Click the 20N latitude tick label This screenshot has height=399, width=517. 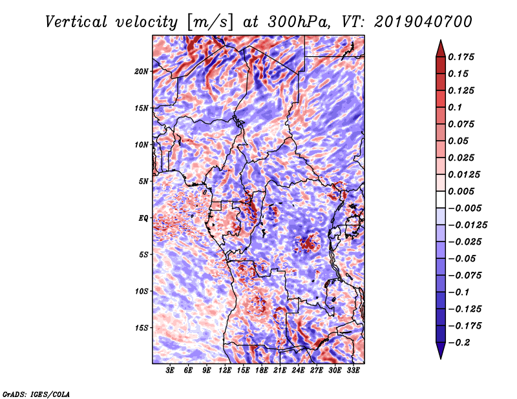point(142,71)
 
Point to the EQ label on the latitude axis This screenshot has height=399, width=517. point(143,218)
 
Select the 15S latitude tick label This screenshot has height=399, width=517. point(142,327)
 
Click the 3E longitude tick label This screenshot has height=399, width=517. point(171,371)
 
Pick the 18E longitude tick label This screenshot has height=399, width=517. point(261,371)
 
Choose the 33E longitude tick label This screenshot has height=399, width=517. point(353,371)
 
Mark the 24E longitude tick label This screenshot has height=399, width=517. point(298,371)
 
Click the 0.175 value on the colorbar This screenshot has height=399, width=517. point(463,57)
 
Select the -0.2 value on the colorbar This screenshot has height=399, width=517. point(461,342)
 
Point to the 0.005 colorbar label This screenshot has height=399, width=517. point(463,191)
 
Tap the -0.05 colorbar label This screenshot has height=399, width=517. point(463,258)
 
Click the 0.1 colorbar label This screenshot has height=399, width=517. point(457,107)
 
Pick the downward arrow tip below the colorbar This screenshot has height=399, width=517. point(440,356)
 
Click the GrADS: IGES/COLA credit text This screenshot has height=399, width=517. point(36,393)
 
